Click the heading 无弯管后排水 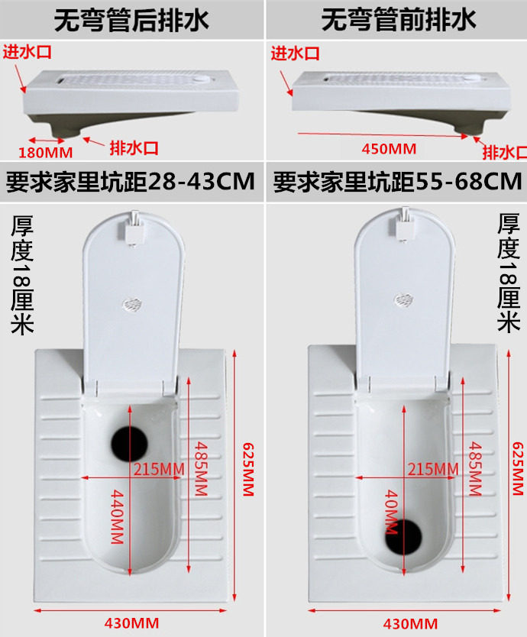[131, 20]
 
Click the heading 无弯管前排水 [398, 20]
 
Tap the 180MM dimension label [46, 153]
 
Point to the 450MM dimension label [389, 149]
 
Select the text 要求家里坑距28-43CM [131, 182]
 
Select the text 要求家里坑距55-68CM [397, 182]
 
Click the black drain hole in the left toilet [130, 444]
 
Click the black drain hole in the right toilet [403, 537]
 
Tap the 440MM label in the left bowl [117, 516]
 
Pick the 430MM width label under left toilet [131, 623]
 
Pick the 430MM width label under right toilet [410, 623]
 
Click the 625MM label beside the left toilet [248, 469]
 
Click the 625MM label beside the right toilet [518, 468]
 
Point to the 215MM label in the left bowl [160, 469]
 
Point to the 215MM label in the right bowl [433, 469]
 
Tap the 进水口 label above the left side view [27, 52]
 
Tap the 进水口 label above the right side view [296, 53]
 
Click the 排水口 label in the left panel [134, 148]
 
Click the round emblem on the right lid [403, 300]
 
